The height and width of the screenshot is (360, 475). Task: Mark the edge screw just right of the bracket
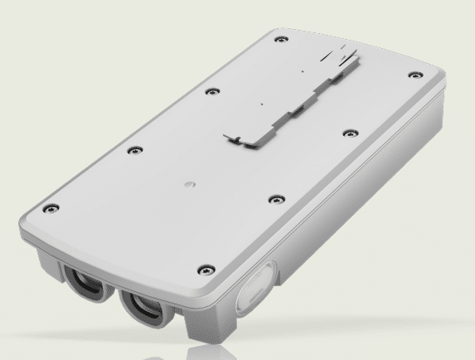[x=347, y=134]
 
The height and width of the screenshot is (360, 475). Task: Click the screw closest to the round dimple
[x=132, y=150]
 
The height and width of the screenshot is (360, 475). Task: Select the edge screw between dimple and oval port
[x=276, y=198]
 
